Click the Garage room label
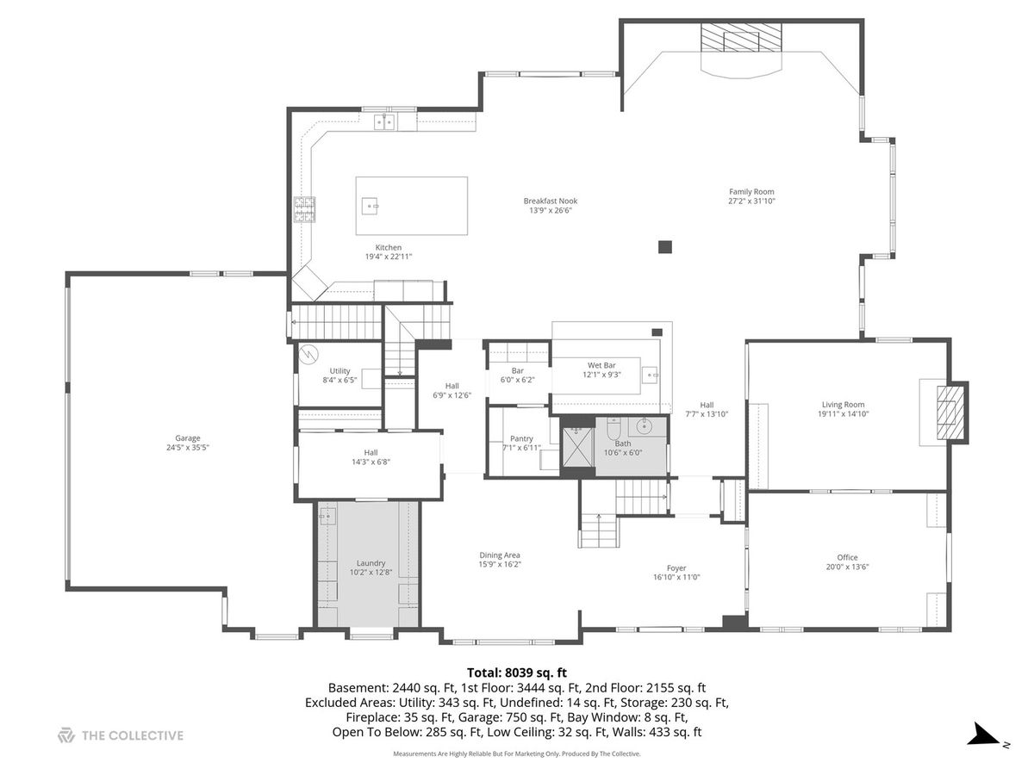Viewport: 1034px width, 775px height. [x=188, y=437]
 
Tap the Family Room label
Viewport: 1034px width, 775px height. [x=751, y=191]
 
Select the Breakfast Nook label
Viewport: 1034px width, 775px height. [x=551, y=201]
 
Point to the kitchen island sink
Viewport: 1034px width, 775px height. [x=370, y=206]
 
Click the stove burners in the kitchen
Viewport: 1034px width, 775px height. [x=305, y=209]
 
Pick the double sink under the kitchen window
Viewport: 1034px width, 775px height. [x=384, y=122]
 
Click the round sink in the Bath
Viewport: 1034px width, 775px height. [x=644, y=427]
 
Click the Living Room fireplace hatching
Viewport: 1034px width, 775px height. [x=947, y=412]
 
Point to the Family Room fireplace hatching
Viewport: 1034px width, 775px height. [x=741, y=37]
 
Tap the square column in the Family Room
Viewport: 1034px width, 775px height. [x=664, y=247]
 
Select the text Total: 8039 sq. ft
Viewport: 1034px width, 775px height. [x=517, y=673]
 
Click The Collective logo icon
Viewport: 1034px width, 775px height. [x=66, y=735]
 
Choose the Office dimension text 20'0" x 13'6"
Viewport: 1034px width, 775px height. [x=847, y=567]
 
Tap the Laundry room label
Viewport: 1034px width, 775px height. [x=371, y=563]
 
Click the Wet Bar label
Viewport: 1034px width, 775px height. [x=601, y=365]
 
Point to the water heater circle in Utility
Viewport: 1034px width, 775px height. [x=308, y=354]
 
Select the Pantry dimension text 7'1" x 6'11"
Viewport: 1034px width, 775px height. [x=521, y=448]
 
